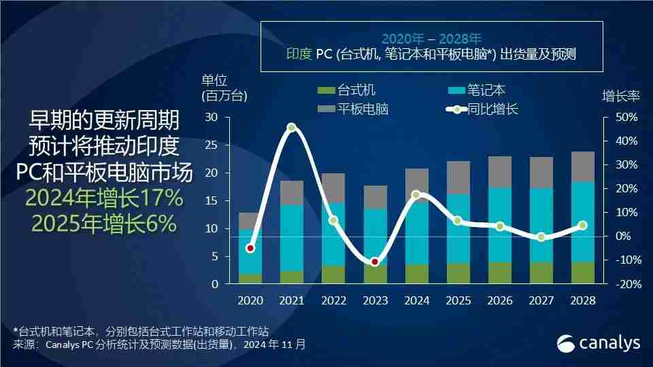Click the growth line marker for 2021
(292, 127)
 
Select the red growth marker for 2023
(375, 262)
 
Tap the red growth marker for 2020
(250, 248)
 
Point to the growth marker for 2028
(582, 226)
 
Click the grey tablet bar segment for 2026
(500, 172)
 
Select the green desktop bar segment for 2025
(458, 273)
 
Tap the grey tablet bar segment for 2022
(333, 188)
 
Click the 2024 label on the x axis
(417, 300)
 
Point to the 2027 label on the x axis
(541, 300)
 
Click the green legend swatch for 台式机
(326, 90)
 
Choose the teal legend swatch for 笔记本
(455, 90)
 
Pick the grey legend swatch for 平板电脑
(326, 109)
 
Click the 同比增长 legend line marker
(455, 109)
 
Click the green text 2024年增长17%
(104, 198)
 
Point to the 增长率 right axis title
(621, 96)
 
